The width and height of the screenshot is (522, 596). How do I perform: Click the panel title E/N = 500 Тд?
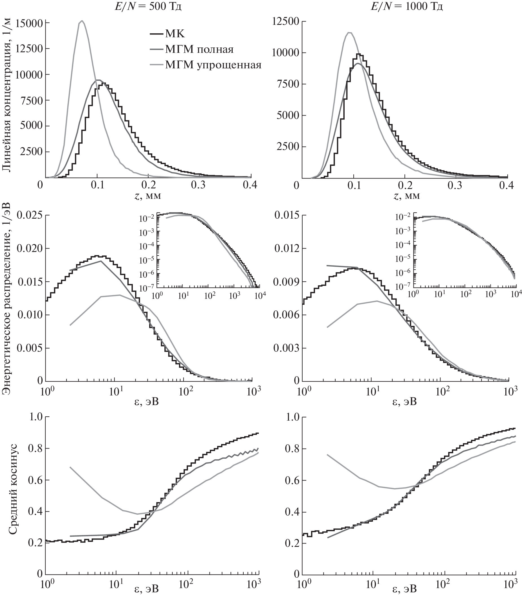coord(147,6)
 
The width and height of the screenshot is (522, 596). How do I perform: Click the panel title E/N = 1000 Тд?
coord(406,6)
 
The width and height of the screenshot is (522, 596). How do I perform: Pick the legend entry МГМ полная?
coord(199,49)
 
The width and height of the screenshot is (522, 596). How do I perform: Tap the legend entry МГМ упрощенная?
coord(213,65)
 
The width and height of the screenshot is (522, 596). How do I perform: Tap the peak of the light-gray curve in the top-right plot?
coord(350,32)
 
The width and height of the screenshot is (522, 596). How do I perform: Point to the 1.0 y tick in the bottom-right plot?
coord(291,417)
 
